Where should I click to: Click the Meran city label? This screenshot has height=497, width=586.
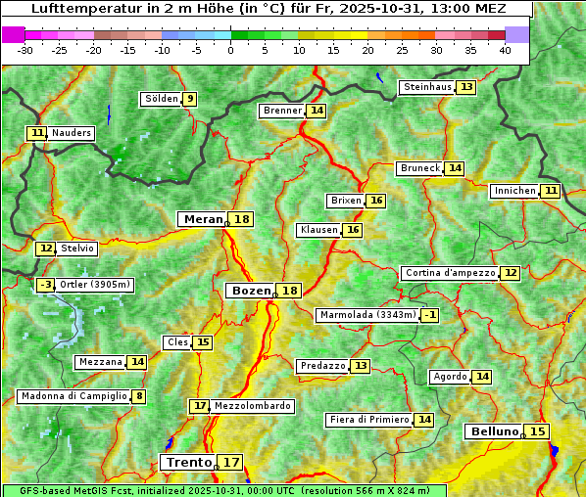(203, 219)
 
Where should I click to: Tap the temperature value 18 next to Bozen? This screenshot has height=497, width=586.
(290, 291)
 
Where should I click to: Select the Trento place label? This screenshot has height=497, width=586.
(188, 462)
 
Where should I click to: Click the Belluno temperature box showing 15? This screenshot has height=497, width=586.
(537, 431)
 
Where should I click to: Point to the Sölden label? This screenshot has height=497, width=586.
(161, 99)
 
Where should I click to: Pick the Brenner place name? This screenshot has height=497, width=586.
(282, 111)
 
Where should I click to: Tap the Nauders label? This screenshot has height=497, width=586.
(72, 133)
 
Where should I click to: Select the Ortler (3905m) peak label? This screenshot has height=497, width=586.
(95, 285)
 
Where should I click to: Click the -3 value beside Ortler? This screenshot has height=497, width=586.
(45, 285)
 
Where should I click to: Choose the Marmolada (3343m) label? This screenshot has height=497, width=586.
(367, 315)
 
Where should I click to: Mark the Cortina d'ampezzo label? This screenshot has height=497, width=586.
(449, 273)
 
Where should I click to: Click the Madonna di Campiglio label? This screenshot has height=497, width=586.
(73, 396)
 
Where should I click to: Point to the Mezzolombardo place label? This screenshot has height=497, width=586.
(252, 405)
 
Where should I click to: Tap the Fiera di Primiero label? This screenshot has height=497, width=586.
(368, 420)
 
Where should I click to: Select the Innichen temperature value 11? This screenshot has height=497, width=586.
(551, 191)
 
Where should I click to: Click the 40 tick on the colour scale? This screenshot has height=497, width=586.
(505, 50)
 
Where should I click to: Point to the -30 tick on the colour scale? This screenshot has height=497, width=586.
(25, 50)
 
